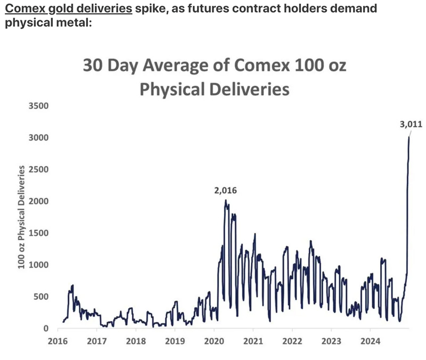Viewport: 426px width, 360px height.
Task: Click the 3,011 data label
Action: tap(411, 125)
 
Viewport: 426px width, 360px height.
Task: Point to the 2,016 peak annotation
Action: tap(225, 190)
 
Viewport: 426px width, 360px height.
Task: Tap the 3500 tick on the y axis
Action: tap(38, 105)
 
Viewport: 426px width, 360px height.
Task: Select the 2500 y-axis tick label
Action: tap(38, 169)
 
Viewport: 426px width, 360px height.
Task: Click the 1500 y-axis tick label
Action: tap(38, 233)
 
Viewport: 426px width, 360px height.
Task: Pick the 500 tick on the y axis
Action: tap(40, 297)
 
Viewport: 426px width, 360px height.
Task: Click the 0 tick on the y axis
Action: tap(45, 329)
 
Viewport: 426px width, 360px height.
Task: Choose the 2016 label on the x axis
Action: tap(57, 340)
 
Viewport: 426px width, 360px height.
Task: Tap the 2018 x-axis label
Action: tap(136, 340)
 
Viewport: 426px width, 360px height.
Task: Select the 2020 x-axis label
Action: tap(214, 340)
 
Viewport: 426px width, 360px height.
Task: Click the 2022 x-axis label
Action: tap(292, 340)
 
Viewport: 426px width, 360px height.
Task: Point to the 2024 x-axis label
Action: tap(371, 340)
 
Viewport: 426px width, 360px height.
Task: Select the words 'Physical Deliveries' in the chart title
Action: tap(214, 88)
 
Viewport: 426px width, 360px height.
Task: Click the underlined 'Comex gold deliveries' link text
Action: tap(69, 9)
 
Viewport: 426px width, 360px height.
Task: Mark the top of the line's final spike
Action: tap(409, 137)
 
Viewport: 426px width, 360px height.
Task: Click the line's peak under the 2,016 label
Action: tap(225, 200)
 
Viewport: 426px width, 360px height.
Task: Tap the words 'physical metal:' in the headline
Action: tap(48, 23)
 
